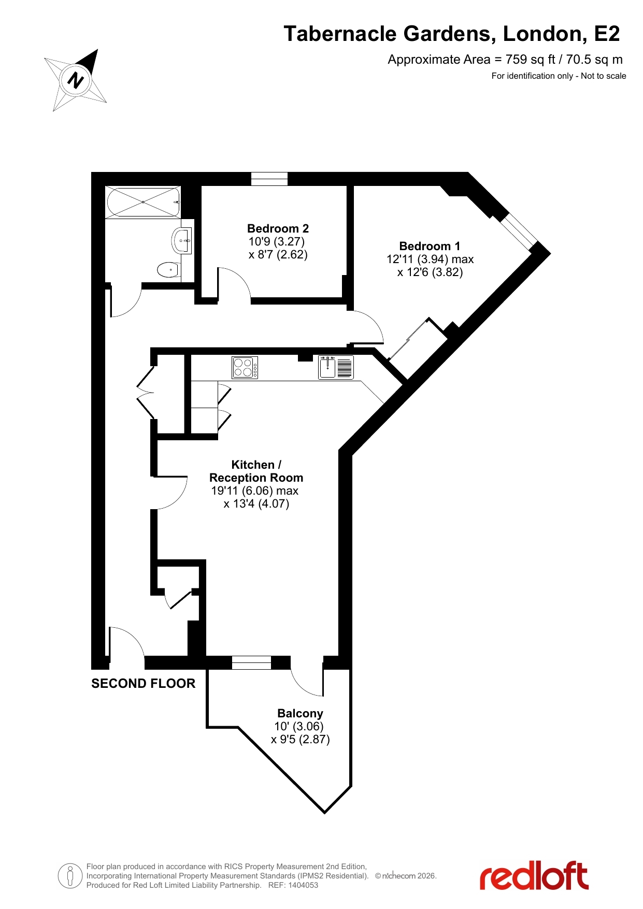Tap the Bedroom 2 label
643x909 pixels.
pyautogui.click(x=278, y=228)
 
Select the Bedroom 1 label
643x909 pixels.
pyautogui.click(x=430, y=246)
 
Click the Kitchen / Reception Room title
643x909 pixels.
pyautogui.click(x=256, y=471)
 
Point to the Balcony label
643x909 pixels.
pyautogui.click(x=300, y=713)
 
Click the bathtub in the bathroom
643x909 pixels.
pyautogui.click(x=143, y=202)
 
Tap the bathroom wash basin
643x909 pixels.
pyautogui.click(x=181, y=240)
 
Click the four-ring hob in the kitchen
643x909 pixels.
pyautogui.click(x=245, y=368)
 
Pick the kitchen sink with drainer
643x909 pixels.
pyautogui.click(x=336, y=367)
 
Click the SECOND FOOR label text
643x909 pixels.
pyautogui.click(x=144, y=684)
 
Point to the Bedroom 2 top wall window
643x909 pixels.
pyautogui.click(x=269, y=179)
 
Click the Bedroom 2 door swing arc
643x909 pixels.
pyautogui.click(x=235, y=280)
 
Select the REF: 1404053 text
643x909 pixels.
pyautogui.click(x=293, y=885)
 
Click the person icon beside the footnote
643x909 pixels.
pyautogui.click(x=70, y=876)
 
